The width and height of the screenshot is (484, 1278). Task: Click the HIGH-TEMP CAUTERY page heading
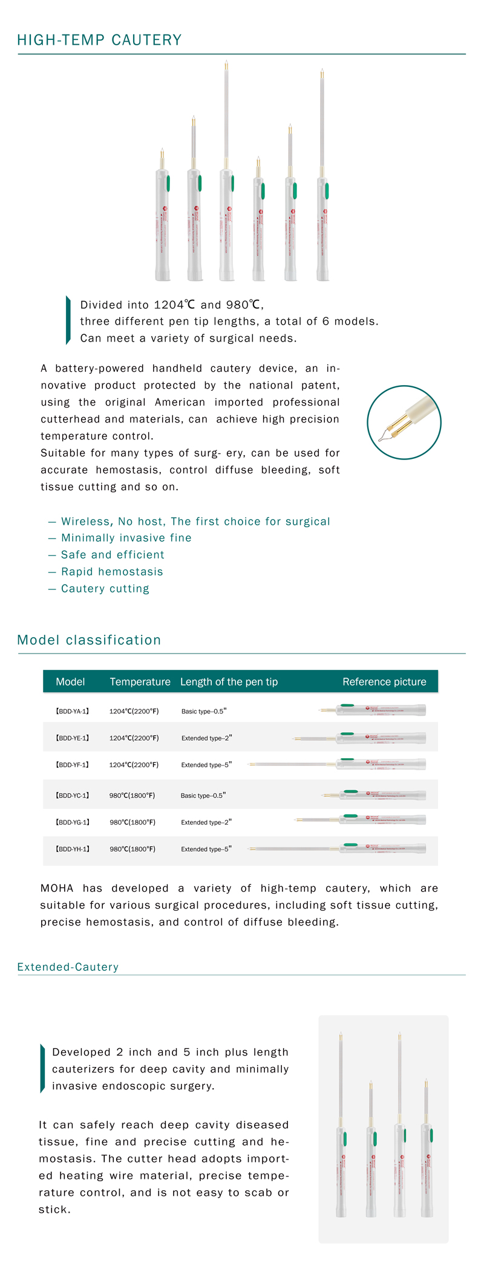[x=99, y=40]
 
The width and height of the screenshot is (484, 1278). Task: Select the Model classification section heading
[x=89, y=640]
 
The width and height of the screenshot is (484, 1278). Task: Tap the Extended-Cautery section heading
[x=68, y=967]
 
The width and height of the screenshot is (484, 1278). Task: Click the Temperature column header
[x=140, y=682]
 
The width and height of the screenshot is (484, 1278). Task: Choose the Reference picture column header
[x=384, y=682]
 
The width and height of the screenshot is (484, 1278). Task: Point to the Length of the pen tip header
[x=229, y=682]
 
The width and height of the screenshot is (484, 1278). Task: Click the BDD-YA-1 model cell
[x=72, y=712]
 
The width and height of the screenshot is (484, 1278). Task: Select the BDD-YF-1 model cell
[x=72, y=765]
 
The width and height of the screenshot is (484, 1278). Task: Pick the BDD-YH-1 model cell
[x=72, y=849]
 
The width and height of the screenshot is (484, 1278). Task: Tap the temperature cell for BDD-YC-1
[x=132, y=796]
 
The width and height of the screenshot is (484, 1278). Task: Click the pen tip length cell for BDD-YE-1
[x=206, y=738]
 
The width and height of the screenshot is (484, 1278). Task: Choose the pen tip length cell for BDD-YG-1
[x=206, y=822]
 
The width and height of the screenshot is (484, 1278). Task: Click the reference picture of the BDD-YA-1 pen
[x=373, y=710]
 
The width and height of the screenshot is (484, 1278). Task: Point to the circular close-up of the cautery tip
[x=404, y=423]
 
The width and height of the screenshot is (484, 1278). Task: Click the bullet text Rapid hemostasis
[x=112, y=572]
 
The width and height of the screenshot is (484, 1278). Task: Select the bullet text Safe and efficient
[x=113, y=555]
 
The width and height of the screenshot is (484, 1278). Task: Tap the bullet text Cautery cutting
[x=105, y=589]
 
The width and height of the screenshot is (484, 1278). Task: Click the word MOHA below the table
[x=57, y=888]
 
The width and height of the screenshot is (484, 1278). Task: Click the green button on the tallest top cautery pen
[x=233, y=183]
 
